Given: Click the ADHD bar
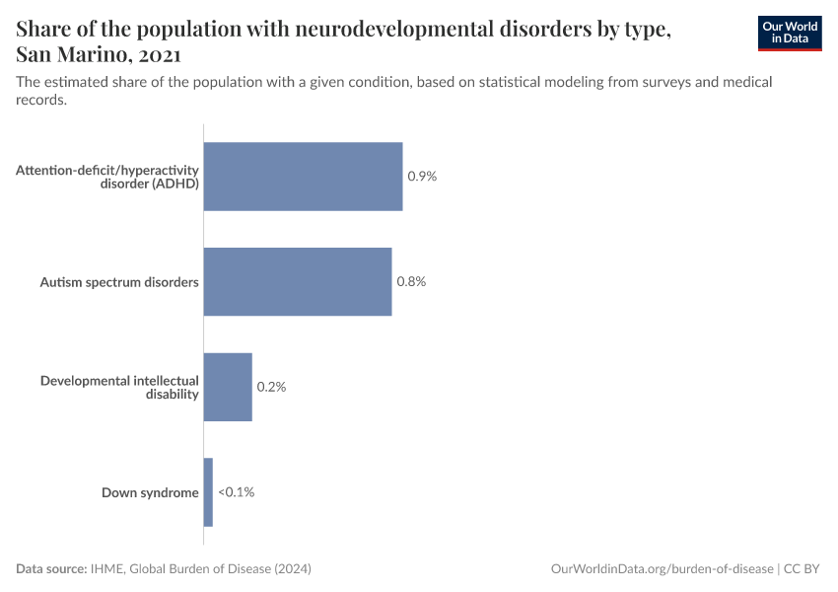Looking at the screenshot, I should (303, 177).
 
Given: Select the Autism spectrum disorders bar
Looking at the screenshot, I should (298, 282).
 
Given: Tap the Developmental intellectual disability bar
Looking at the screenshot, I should (228, 387).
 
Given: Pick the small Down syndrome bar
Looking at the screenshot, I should (208, 492).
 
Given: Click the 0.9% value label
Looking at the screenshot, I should (422, 177).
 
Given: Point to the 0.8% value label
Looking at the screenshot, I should (411, 282).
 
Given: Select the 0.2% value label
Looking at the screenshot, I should (271, 387).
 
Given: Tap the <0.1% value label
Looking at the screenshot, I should (236, 492).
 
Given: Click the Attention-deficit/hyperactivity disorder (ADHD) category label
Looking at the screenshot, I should (107, 177).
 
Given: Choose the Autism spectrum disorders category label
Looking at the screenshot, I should (119, 282).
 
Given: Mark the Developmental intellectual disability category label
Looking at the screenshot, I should (119, 387).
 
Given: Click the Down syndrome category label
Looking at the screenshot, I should (150, 492).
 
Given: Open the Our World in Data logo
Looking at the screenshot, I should (790, 33).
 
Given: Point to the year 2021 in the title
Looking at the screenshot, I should (153, 54).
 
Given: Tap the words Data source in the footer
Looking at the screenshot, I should (50, 569).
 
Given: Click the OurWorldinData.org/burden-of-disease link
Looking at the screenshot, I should (662, 569).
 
